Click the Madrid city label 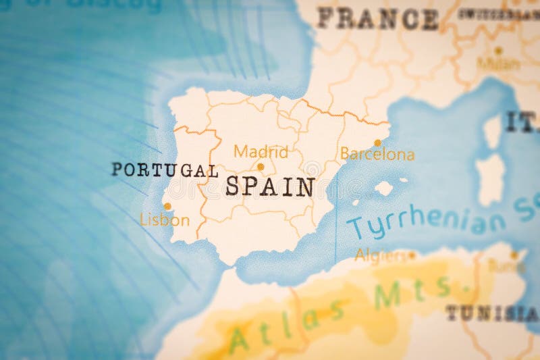261,151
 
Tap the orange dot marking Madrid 261,166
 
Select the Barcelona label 377,155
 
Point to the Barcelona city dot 378,143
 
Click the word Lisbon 164,220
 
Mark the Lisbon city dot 167,206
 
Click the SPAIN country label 269,186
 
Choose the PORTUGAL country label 165,170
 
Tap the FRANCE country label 378,19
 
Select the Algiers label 381,255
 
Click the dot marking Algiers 411,255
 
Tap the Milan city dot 498,50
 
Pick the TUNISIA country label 491,313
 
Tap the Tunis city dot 514,255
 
